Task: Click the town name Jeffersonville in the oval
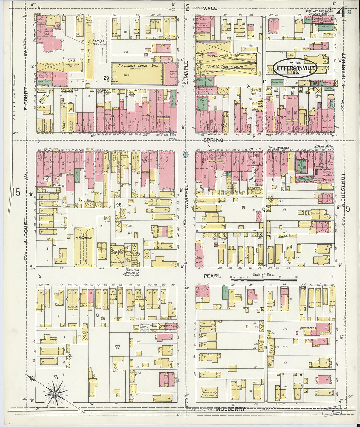295,69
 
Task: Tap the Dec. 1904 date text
294,63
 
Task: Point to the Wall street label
210,9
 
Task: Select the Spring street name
213,140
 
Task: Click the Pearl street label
212,276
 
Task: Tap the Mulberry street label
230,409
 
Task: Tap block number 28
119,205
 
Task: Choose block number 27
117,347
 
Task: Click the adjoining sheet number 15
16,192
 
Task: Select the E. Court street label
26,98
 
